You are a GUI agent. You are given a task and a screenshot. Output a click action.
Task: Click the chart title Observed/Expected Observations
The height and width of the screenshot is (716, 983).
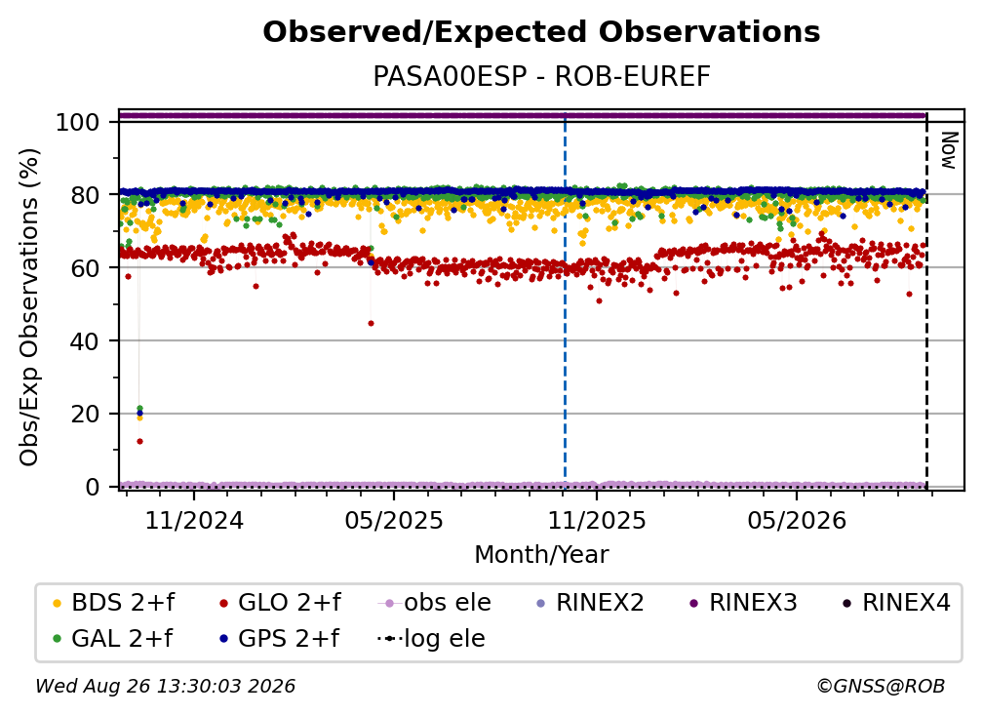click(541, 32)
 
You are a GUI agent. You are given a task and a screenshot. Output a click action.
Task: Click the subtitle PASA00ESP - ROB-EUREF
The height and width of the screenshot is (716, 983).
click(541, 76)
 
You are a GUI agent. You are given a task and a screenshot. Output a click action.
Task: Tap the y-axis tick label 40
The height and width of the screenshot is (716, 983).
click(85, 341)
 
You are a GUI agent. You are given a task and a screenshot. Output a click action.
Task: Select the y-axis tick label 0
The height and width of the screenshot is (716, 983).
click(93, 487)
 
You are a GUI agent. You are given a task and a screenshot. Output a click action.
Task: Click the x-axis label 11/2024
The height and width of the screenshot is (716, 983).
click(194, 520)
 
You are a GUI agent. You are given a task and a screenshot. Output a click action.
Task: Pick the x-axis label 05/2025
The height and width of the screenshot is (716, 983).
click(394, 520)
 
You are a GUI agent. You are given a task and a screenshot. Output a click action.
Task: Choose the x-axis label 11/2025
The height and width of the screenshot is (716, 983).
click(597, 520)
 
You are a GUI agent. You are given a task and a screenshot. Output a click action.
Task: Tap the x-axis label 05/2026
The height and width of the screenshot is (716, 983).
click(796, 520)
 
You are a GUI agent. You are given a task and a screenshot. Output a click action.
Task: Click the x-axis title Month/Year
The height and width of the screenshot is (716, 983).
click(541, 555)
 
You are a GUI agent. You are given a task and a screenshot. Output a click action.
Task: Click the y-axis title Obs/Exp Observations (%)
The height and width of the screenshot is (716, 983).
click(29, 307)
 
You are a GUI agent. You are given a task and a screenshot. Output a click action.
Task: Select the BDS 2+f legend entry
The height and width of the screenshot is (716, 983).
click(114, 603)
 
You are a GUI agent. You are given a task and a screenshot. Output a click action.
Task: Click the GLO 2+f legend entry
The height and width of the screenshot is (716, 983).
click(280, 603)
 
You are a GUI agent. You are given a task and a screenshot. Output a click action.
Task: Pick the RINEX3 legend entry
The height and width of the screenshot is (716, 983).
click(743, 603)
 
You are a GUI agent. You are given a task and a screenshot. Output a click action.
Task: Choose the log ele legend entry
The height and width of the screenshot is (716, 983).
click(431, 639)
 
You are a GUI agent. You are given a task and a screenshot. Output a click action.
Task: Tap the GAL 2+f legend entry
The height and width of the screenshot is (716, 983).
click(113, 639)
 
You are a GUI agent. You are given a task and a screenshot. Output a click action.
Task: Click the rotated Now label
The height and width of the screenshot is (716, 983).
click(949, 150)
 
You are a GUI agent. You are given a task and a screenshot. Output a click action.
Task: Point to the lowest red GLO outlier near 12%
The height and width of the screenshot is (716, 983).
click(139, 441)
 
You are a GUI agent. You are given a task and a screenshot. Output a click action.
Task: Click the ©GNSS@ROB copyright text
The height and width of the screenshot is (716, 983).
click(881, 687)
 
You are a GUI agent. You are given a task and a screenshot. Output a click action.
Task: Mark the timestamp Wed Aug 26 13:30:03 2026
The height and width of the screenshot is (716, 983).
click(166, 687)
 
